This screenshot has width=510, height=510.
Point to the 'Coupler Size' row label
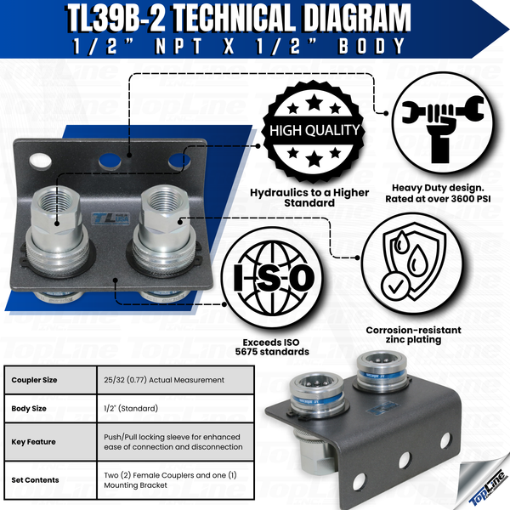tap(39, 378)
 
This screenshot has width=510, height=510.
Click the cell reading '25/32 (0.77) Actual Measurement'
tap(159, 378)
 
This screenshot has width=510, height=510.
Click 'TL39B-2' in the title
tap(140, 18)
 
